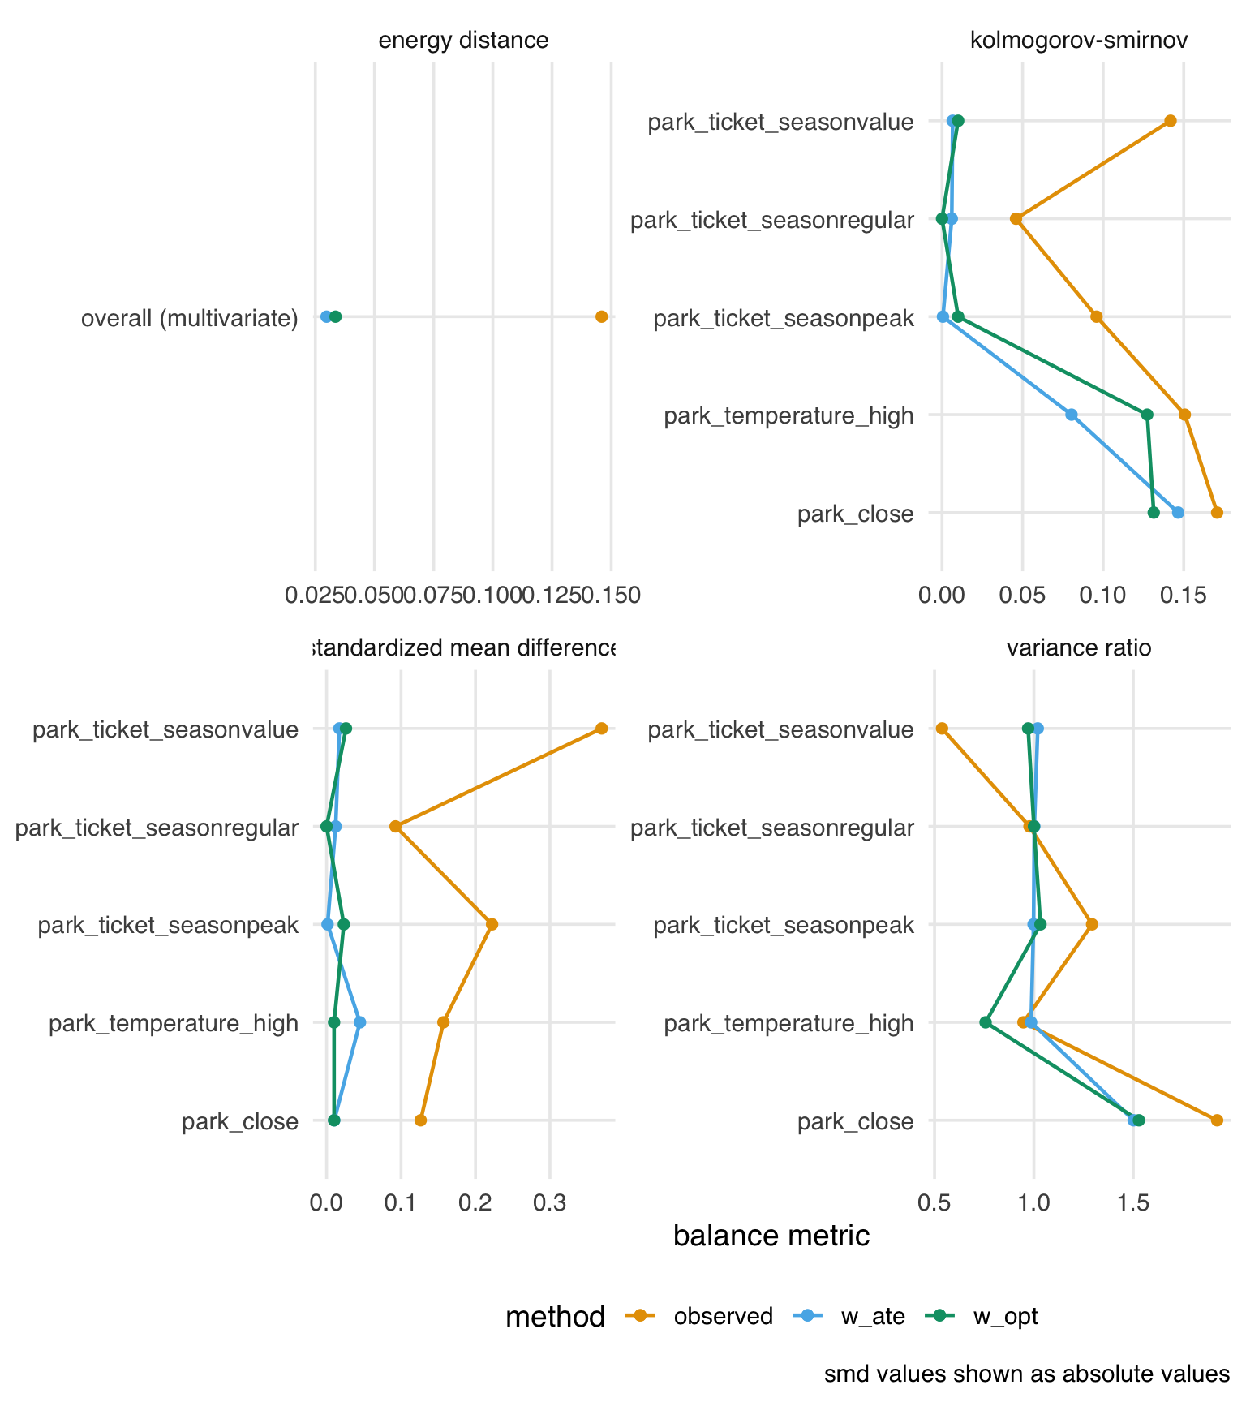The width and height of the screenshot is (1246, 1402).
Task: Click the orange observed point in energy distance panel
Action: pos(601,316)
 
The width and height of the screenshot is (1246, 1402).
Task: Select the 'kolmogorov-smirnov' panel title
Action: pos(1079,41)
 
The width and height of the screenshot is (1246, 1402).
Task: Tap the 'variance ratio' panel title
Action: pos(1079,648)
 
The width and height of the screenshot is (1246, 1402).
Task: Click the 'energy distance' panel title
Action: pos(463,41)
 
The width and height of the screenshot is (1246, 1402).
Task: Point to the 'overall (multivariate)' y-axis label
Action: pos(190,318)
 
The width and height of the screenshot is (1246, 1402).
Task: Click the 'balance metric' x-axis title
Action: pos(771,1235)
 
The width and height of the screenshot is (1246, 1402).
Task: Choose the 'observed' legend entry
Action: pos(723,1316)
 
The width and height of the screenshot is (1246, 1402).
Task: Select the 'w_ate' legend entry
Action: pos(873,1316)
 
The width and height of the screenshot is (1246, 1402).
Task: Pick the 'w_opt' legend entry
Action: pos(1005,1316)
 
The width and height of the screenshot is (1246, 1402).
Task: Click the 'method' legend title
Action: pos(555,1316)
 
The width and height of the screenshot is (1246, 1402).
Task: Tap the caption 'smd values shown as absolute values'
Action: pos(1027,1374)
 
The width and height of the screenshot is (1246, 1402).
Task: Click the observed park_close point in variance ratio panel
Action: pos(1217,1120)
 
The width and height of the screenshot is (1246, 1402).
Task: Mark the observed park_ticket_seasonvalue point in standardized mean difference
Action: pos(601,729)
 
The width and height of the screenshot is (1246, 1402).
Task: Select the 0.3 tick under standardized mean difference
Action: pos(550,1204)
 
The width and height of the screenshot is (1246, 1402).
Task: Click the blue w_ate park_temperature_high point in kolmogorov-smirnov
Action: pos(1072,415)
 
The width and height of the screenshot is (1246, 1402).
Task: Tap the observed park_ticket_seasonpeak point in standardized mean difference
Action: pos(492,924)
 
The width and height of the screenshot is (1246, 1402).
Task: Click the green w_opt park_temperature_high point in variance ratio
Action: pos(986,1022)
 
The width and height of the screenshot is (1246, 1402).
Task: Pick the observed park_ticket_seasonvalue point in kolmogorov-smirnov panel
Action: pos(1170,121)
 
